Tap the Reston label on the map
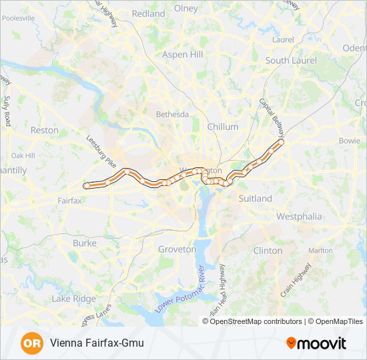[x=45, y=131]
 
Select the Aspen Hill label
[x=182, y=54]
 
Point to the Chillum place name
[x=223, y=127]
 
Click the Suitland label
[x=255, y=199]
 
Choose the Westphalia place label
[x=299, y=217]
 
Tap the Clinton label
[x=268, y=251]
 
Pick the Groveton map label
[x=177, y=249]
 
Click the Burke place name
[x=85, y=244]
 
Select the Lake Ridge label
[x=73, y=299]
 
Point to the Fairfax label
[x=69, y=200]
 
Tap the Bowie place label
[x=349, y=141]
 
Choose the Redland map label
[x=148, y=13]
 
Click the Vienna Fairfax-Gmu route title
[x=96, y=343]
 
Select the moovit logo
[x=316, y=343]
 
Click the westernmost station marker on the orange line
[x=86, y=185]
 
